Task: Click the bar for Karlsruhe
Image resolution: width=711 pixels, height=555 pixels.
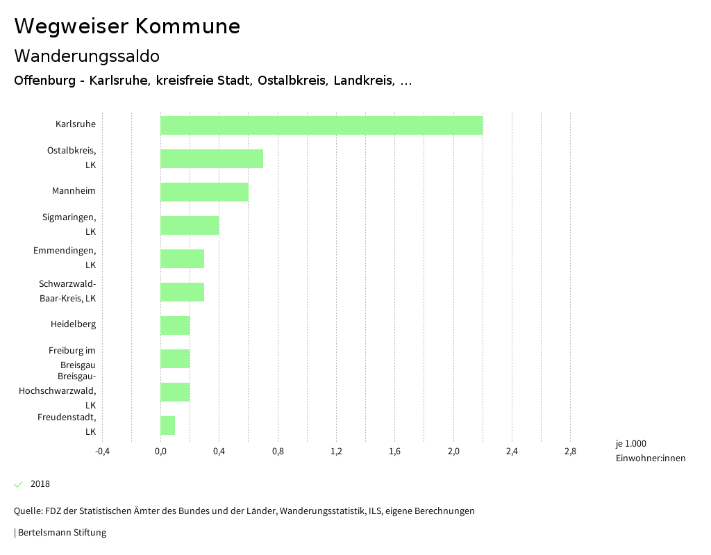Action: [321, 125]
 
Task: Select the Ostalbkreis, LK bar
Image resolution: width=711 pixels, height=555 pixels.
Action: [212, 158]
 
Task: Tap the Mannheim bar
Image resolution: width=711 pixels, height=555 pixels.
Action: [204, 192]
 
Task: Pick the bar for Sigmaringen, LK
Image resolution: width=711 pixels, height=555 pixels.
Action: [190, 225]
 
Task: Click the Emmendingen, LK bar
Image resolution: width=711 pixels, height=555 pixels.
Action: [182, 258]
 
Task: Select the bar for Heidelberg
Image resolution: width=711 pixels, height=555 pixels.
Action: [175, 325]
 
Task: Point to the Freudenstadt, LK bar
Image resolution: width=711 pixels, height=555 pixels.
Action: [167, 425]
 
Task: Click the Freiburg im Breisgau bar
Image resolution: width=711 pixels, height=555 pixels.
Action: [175, 358]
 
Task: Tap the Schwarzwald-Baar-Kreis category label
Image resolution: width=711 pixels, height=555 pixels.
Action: [67, 291]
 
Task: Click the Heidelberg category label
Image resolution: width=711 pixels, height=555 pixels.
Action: [73, 324]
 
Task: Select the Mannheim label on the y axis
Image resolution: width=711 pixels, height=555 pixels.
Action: [74, 191]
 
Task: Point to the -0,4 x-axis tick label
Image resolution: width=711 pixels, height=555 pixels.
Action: [102, 452]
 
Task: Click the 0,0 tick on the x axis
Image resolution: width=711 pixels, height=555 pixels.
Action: [160, 452]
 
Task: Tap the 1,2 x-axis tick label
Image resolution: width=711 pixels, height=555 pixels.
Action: [336, 452]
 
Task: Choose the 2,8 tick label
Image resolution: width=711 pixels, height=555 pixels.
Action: [570, 452]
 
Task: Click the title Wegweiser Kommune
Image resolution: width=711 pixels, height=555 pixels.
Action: [127, 26]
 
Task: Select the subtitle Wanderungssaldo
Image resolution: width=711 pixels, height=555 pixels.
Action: [87, 56]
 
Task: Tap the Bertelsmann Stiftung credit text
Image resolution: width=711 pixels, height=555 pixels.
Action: [61, 533]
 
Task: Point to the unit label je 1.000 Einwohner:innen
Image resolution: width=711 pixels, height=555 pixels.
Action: [650, 451]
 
